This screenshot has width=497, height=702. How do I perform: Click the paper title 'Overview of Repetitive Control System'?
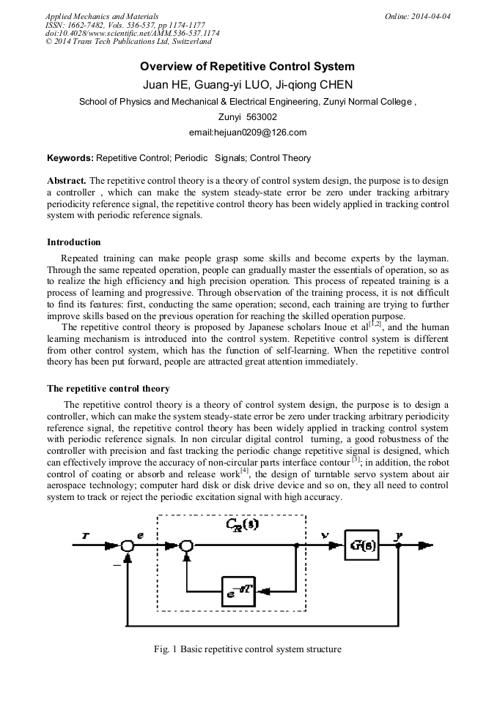pyautogui.click(x=248, y=67)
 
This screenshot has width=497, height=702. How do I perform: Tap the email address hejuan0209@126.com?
pyautogui.click(x=248, y=132)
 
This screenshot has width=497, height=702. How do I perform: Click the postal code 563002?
pyautogui.click(x=262, y=117)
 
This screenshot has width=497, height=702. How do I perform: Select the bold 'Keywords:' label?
pyautogui.click(x=70, y=157)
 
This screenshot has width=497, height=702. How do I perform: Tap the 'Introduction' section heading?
pyautogui.click(x=74, y=242)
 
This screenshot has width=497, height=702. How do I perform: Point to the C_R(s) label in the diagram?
pyautogui.click(x=243, y=524)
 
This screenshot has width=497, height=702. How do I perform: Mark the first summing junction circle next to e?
pyautogui.click(x=129, y=546)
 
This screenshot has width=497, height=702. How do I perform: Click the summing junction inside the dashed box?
pyautogui.click(x=188, y=546)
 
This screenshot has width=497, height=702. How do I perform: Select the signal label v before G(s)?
pyautogui.click(x=324, y=535)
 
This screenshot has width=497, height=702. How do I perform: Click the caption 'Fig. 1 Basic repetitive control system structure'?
pyautogui.click(x=248, y=649)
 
